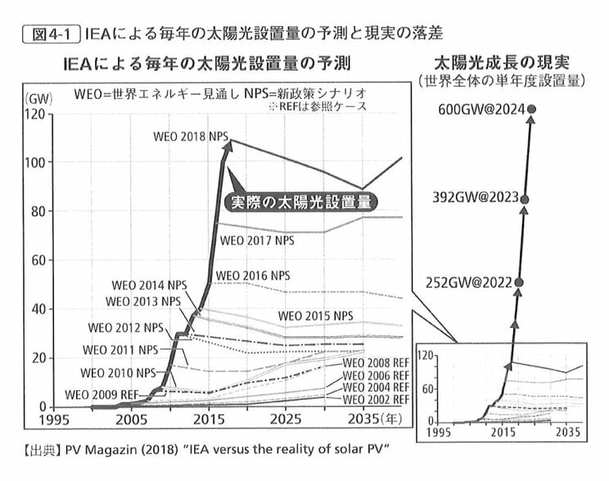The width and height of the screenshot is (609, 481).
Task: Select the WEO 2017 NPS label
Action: point(256,240)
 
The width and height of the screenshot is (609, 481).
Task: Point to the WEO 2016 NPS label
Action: point(252,275)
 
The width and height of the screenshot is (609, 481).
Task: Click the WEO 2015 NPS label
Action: point(316,316)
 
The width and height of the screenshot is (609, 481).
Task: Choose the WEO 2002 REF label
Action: point(375,398)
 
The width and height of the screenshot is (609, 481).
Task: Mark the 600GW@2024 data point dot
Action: point(532,109)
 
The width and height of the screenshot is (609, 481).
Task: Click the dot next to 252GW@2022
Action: point(518,283)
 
